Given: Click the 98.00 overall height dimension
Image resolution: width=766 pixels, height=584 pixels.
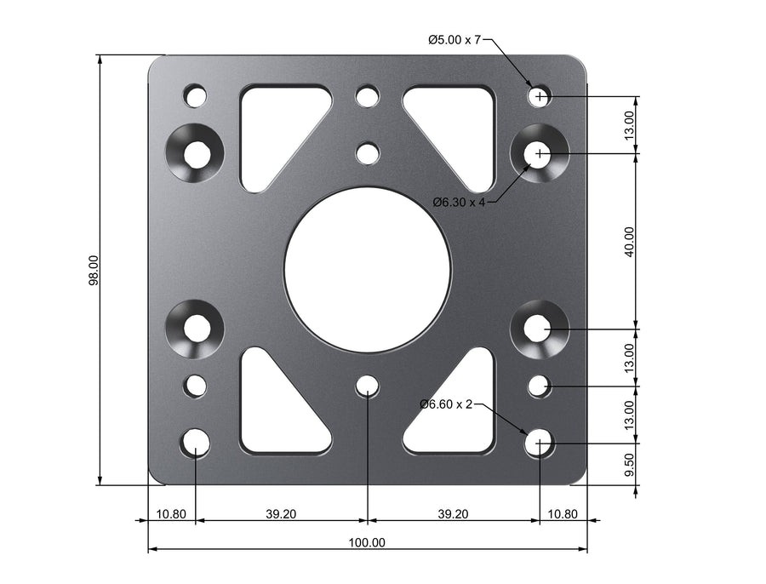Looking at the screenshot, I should [x=94, y=272].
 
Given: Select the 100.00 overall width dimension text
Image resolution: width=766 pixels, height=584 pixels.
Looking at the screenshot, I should [x=367, y=542].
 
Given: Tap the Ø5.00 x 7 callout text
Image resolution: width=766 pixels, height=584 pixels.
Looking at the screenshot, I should [x=454, y=39].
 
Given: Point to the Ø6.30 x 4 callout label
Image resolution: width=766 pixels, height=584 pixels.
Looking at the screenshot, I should [x=459, y=203].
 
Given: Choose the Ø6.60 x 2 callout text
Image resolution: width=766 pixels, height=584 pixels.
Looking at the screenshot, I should [x=446, y=404].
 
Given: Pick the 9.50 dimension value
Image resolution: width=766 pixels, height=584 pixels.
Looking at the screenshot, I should [x=629, y=465].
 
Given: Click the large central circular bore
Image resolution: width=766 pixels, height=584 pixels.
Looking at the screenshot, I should [x=367, y=269].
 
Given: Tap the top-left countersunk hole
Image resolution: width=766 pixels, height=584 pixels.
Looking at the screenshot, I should [x=197, y=154].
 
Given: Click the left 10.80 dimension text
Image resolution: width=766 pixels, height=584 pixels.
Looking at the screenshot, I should [x=171, y=514].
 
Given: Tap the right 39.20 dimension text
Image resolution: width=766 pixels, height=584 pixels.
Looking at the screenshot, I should [x=453, y=514].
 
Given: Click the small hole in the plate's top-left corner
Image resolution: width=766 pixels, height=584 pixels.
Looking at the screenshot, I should [x=196, y=95].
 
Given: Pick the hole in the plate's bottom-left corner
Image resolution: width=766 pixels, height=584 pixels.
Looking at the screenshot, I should [x=196, y=443].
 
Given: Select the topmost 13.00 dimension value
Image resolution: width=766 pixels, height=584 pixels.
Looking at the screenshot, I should [x=629, y=125].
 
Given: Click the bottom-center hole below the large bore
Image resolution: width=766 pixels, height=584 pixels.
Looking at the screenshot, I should [x=367, y=386].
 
